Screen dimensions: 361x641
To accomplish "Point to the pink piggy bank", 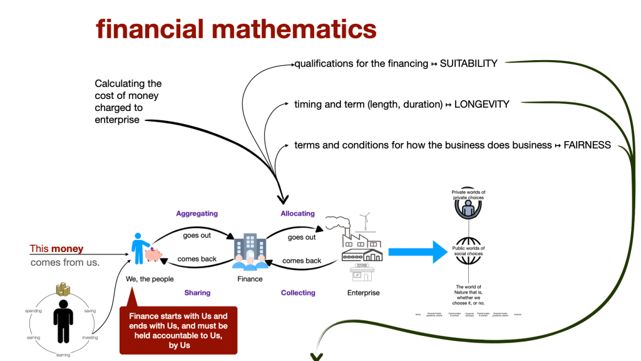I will point(154,253).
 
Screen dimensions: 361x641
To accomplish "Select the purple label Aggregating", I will point(197,214).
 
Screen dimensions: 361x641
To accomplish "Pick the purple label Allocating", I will point(297,214).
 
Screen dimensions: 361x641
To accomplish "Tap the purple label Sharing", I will point(197,293).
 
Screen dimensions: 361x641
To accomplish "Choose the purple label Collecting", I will point(298,293).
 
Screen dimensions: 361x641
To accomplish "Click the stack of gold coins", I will point(63,290).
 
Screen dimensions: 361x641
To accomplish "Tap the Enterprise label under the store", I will point(363,293).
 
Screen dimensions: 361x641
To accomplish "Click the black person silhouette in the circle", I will point(63,319).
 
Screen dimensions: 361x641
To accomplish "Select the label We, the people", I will point(150,279).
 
